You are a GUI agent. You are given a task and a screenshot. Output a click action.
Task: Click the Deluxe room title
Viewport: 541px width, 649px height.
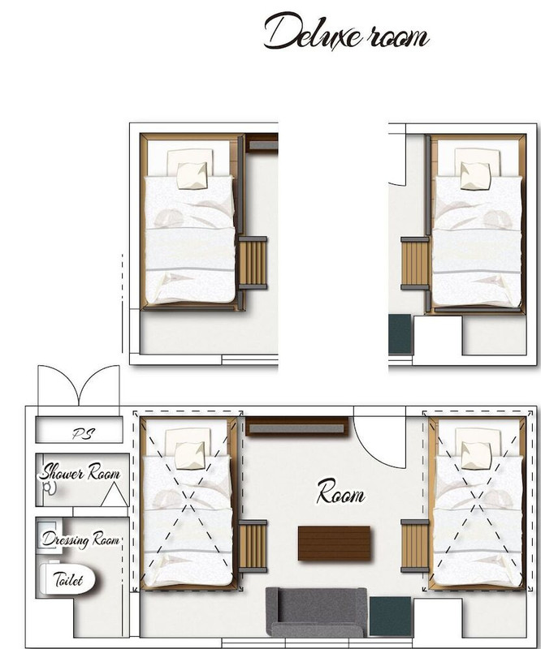point(346,32)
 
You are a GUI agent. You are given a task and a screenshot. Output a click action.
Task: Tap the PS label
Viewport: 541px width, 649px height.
point(84,433)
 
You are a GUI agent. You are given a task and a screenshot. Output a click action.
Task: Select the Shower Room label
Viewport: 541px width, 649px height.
point(80,472)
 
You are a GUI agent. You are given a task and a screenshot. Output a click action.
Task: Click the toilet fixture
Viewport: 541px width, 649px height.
point(67,578)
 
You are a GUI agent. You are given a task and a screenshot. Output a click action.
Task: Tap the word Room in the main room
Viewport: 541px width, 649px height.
point(341,492)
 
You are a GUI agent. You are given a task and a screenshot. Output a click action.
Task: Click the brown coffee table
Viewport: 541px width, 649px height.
point(334,543)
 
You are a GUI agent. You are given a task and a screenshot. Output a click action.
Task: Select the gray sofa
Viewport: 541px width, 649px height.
point(316,612)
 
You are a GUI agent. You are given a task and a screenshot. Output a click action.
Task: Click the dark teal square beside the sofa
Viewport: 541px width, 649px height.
point(390,616)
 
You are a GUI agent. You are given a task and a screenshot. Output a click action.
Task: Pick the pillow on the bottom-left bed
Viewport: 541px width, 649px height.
point(190,456)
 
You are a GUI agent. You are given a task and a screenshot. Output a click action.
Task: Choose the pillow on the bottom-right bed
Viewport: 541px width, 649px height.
point(476,455)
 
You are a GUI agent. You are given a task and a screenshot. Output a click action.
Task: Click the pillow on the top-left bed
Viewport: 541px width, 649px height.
point(192,176)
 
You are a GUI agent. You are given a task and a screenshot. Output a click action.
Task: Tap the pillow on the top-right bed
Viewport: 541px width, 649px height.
point(475,176)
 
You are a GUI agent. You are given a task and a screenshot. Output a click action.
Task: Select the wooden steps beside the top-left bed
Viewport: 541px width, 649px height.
point(253,263)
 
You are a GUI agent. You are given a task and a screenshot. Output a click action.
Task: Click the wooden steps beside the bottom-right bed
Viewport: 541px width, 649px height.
point(415,546)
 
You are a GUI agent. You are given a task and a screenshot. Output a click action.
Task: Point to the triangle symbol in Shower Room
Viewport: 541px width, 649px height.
point(114,495)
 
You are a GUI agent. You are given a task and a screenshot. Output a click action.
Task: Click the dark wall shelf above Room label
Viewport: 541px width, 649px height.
point(296,427)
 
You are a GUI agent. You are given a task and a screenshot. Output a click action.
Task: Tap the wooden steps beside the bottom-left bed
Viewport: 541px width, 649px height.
point(253,546)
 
